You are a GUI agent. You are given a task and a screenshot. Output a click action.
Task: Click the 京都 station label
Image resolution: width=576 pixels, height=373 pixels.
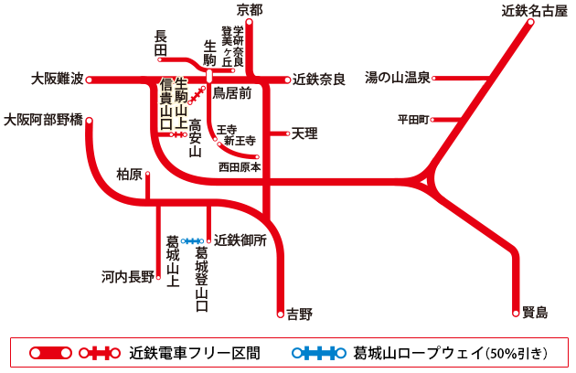point(250,10)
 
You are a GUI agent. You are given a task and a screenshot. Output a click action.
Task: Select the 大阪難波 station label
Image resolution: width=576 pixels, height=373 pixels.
point(57,80)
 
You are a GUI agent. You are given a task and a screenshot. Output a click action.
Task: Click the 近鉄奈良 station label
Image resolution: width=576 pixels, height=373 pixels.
point(319,80)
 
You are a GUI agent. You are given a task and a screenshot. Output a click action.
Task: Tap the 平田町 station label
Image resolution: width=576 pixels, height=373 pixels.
point(413,119)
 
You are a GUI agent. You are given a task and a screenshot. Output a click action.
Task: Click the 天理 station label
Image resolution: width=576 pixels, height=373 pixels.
point(304,133)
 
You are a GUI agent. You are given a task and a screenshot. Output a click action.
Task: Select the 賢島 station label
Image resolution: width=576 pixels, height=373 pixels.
point(535,313)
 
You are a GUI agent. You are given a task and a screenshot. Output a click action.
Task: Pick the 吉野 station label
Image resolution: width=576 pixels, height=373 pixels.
point(300,314)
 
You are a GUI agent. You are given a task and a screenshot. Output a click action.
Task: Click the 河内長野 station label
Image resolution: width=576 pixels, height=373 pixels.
point(128,276)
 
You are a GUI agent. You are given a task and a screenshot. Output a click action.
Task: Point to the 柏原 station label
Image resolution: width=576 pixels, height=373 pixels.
point(130,174)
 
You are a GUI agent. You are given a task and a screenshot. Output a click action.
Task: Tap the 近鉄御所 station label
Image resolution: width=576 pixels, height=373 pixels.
point(240,240)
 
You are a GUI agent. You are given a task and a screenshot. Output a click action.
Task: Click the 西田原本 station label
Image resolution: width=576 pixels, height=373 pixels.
point(240,167)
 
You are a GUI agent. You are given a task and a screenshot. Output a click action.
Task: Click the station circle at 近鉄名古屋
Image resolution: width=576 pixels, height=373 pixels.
point(529,25)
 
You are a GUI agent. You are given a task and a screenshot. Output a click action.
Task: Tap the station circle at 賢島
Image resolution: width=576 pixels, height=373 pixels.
point(516,313)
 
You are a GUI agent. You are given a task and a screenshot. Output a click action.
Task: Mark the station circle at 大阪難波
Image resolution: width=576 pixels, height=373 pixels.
point(90,80)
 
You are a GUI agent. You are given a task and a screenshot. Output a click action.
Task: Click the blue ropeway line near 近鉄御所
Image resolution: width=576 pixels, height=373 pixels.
point(193,240)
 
